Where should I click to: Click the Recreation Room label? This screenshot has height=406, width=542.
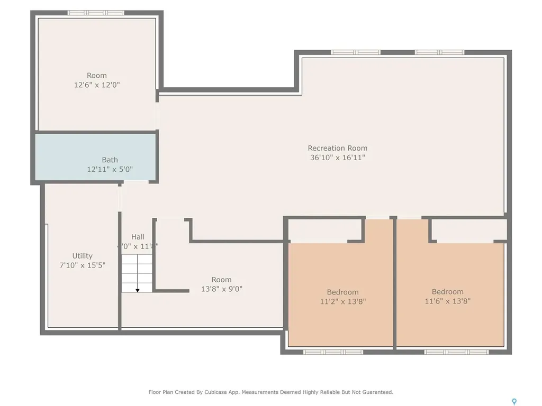coord(337,148)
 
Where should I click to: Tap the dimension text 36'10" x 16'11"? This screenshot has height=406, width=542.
coord(337,158)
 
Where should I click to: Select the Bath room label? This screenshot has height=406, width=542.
coord(110,160)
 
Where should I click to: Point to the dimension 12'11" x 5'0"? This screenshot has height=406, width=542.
coord(110,170)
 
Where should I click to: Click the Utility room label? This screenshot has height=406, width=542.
coord(82,256)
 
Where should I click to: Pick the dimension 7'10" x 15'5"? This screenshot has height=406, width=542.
coord(82,265)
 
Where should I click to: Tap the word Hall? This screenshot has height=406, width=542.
coord(138,237)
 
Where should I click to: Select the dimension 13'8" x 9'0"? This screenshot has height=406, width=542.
coord(221,289)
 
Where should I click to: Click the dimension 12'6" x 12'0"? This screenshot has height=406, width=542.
coord(97,85)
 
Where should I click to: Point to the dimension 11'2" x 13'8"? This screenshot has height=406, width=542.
coord(342,302)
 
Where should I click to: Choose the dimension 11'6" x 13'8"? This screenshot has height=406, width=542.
coord(447,301)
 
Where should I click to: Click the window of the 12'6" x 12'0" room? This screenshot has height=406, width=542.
coord(96,13)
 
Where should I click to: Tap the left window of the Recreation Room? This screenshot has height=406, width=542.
coord(356,52)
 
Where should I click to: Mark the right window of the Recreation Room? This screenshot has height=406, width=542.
coord(439,52)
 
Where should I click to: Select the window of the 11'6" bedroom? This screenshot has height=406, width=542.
coord(456,352)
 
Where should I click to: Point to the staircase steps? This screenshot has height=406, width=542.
coord(137,272)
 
